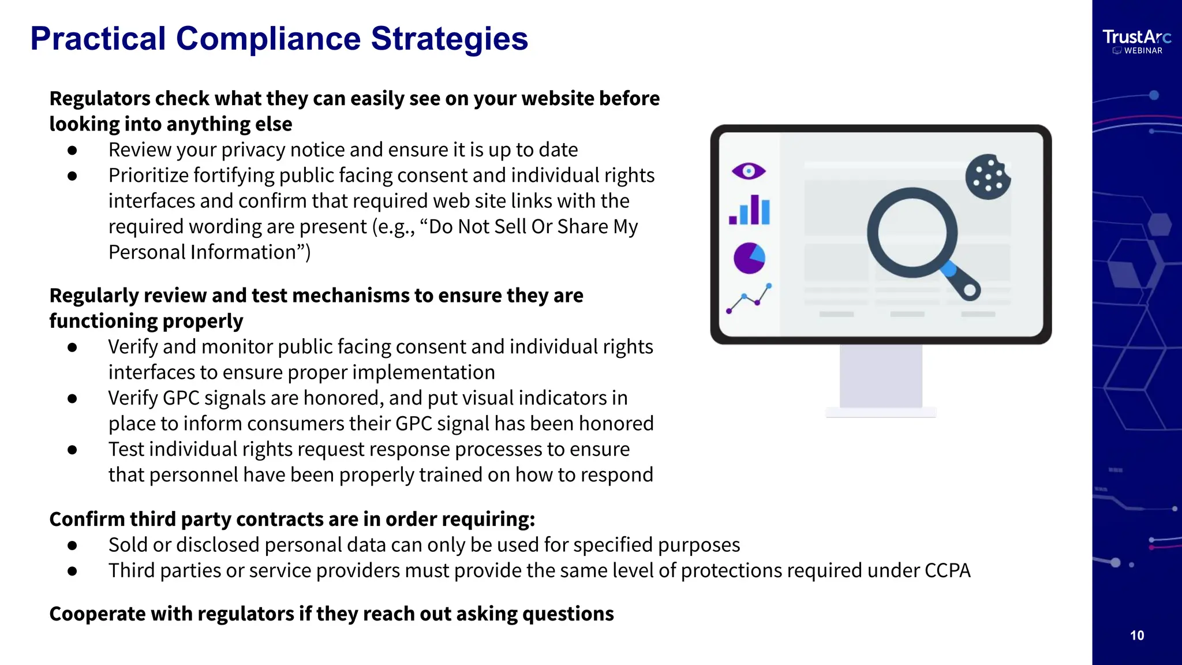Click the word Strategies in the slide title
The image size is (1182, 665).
tap(449, 39)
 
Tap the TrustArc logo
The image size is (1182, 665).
tap(1136, 38)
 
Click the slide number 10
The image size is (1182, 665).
tap(1136, 636)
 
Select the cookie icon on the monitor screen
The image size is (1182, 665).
tap(988, 177)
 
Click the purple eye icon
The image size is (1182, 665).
tap(749, 171)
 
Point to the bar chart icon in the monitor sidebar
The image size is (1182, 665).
tap(750, 210)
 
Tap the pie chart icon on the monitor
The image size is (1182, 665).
tap(749, 258)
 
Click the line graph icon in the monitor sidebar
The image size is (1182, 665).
tap(749, 298)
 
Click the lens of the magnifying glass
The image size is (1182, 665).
tap(911, 233)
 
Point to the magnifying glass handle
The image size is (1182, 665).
tap(960, 281)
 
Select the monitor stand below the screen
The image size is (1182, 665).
tap(881, 378)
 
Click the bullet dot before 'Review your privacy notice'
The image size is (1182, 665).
tap(72, 150)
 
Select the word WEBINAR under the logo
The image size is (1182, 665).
tap(1143, 51)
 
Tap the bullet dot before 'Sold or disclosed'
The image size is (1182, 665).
tap(72, 545)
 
